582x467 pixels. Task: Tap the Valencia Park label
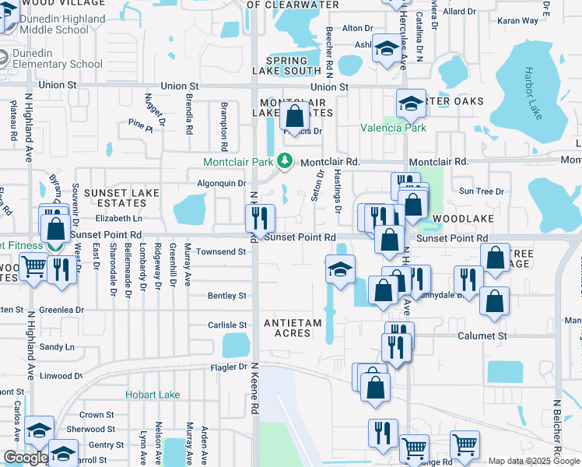coord(392,128)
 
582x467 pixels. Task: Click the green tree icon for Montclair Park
coord(286,161)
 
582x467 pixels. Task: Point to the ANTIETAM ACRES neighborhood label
coord(287,328)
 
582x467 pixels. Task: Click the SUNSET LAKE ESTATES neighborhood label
coord(121,198)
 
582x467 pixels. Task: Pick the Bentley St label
coord(226,296)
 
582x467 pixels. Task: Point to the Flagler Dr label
coord(229,367)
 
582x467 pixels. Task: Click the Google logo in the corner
coord(26,458)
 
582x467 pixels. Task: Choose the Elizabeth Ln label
coord(118,219)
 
